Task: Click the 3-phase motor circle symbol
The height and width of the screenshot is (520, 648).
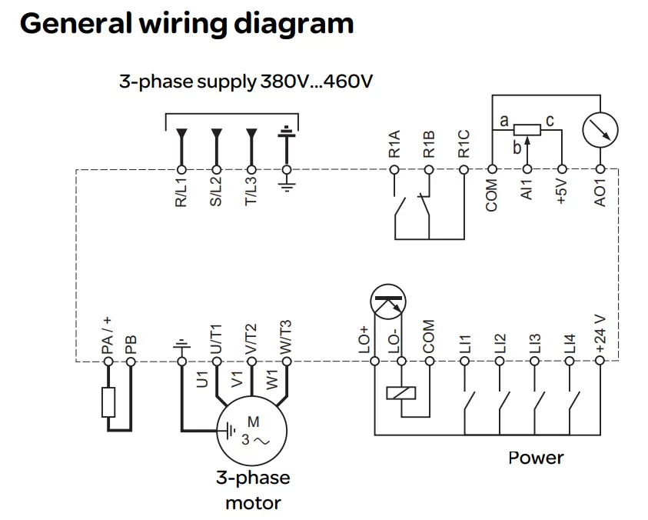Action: click(x=251, y=431)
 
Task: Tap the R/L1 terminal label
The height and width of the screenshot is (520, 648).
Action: click(x=181, y=192)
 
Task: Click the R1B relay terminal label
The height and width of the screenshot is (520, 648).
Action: click(x=429, y=145)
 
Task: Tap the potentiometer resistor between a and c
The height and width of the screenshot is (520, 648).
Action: click(x=527, y=130)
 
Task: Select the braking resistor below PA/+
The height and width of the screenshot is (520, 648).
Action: click(x=108, y=402)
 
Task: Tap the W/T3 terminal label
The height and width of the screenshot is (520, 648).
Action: click(x=286, y=336)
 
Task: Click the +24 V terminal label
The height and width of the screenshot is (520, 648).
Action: click(x=600, y=334)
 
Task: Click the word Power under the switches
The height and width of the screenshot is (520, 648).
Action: click(x=536, y=458)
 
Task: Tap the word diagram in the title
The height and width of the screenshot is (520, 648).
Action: click(x=297, y=24)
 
